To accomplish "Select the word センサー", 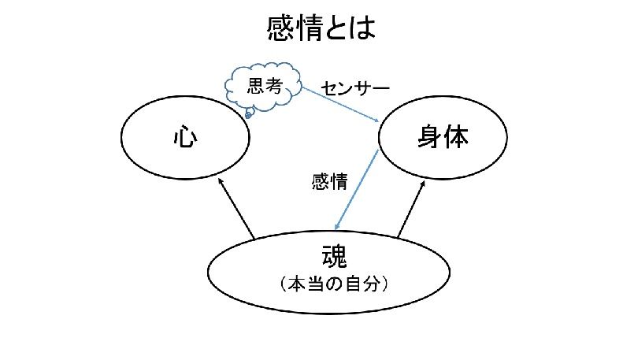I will tap(355, 86).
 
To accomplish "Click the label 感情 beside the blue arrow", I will tap(329, 181).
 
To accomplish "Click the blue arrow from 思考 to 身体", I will tap(347, 103).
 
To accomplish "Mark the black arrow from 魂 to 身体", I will tap(411, 209).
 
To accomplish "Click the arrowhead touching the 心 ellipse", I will tap(221, 183).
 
